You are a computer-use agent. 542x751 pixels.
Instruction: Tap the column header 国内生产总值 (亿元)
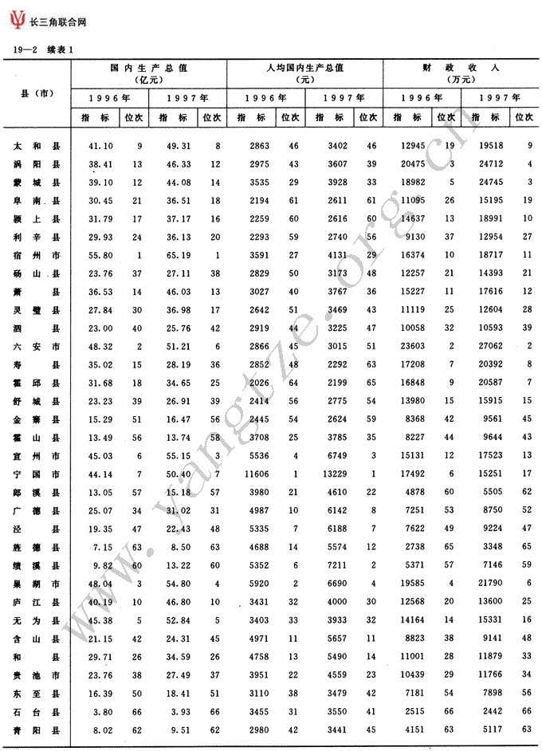149,73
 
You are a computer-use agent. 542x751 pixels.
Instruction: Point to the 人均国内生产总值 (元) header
305,73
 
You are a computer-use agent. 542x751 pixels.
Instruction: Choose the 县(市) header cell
37,94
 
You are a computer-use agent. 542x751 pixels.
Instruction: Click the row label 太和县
37,147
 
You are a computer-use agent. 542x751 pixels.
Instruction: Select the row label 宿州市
37,254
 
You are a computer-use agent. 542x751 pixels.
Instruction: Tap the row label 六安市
37,346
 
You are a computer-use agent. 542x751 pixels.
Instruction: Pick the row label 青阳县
37,729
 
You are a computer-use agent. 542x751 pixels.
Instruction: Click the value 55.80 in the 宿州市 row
100,254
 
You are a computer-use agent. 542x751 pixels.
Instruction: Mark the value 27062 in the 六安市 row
488,346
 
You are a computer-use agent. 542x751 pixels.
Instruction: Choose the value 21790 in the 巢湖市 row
488,583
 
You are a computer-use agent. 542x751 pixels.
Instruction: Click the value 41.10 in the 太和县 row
100,147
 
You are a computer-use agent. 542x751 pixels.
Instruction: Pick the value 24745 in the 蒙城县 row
488,182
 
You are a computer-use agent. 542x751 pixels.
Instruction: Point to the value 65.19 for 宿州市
179,254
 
